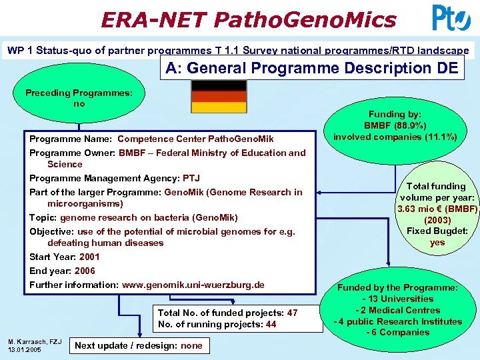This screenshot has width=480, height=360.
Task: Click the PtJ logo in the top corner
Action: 451,18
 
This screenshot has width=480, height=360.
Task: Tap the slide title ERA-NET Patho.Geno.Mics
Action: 248,19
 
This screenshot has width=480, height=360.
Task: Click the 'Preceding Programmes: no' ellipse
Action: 79,98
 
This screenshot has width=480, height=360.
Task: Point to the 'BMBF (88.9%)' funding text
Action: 395,125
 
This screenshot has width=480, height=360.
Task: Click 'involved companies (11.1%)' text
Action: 395,137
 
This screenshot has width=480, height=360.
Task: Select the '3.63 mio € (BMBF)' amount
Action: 437,209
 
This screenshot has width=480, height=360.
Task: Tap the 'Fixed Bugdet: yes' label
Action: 437,237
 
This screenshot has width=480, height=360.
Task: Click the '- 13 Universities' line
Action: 397,299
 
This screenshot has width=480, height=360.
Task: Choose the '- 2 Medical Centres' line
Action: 397,310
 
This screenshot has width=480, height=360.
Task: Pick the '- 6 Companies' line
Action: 397,333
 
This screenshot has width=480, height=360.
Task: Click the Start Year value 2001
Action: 89,257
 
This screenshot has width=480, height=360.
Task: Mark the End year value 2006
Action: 85,271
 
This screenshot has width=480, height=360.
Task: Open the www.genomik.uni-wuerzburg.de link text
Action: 193,285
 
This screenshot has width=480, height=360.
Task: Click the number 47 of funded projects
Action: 292,313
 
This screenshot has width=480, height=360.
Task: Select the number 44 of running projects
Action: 271,325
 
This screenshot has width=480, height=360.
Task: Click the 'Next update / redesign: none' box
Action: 139,345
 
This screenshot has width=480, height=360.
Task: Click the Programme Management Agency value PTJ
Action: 191,178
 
